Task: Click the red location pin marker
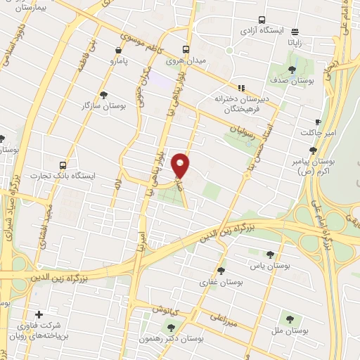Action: pyautogui.click(x=182, y=164)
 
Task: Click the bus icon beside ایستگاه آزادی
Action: pyautogui.click(x=262, y=20)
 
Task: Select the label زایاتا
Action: pyautogui.click(x=294, y=42)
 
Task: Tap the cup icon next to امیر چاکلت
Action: pyautogui.click(x=318, y=122)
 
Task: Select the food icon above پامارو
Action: pyautogui.click(x=117, y=50)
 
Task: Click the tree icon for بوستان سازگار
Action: pyautogui.click(x=104, y=94)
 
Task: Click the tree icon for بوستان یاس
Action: pyautogui.click(x=269, y=255)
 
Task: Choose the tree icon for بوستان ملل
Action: pyautogui.click(x=286, y=319)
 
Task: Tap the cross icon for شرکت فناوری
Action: pyautogui.click(x=39, y=314)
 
